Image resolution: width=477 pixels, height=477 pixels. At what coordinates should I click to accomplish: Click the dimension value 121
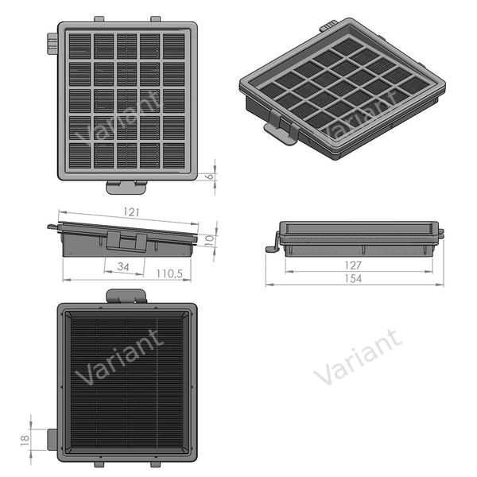[x=131, y=212]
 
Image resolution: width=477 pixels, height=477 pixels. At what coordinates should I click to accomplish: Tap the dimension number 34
[x=123, y=266]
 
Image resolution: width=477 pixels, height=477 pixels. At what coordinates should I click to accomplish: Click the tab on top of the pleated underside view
[x=127, y=296]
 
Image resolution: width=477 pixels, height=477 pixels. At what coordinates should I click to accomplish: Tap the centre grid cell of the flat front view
[x=127, y=99]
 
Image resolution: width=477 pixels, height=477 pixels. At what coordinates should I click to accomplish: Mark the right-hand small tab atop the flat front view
[x=155, y=19]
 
